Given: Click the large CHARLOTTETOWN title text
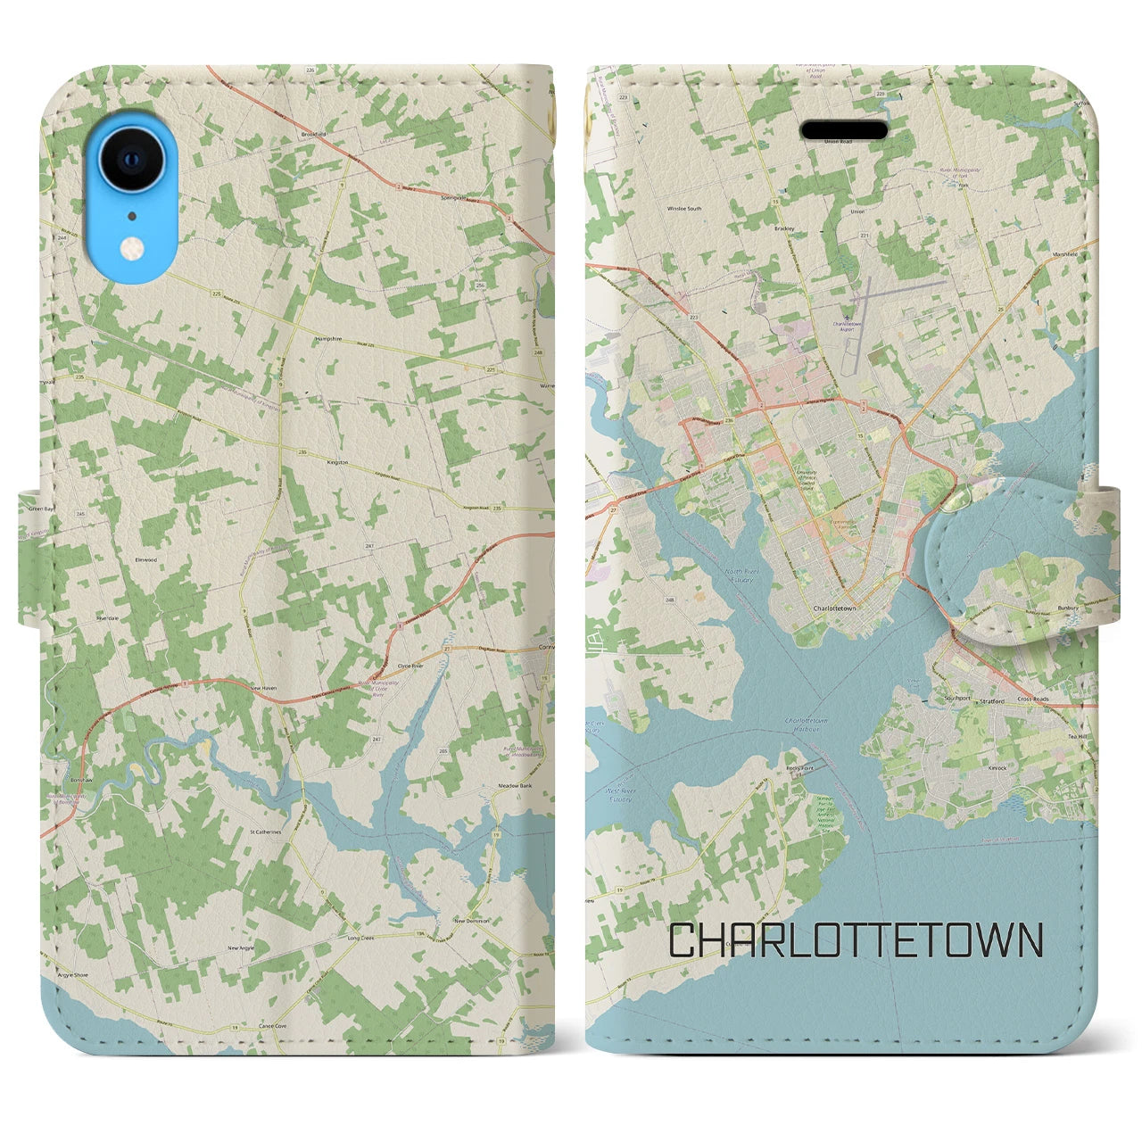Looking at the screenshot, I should click(x=856, y=940).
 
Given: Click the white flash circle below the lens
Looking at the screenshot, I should click(x=133, y=248).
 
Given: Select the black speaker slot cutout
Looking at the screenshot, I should click(x=843, y=131).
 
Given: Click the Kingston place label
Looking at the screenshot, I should click(x=337, y=463).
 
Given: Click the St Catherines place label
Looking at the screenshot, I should click(x=265, y=832).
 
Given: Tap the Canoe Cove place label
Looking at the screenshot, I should click(x=272, y=1026).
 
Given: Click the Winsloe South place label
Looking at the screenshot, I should click(x=684, y=209).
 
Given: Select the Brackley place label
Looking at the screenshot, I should click(x=784, y=228).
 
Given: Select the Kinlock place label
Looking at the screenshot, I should click(x=997, y=767).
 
